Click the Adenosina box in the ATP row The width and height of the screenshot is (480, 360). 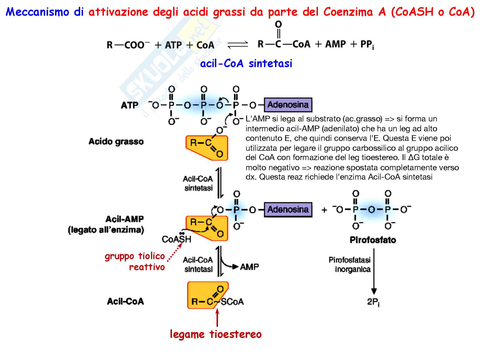288,105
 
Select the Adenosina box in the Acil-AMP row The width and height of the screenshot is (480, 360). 288,210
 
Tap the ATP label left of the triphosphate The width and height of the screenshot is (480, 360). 130,105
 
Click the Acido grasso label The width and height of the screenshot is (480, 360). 116,141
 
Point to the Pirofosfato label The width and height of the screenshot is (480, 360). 373,240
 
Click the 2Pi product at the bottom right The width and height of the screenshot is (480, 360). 373,302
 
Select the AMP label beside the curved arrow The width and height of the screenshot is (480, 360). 249,267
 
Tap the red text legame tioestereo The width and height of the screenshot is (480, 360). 216,334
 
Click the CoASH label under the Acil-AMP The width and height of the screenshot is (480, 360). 176,239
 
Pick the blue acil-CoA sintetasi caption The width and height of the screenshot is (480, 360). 246,64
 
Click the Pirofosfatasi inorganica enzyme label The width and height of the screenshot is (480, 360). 350,265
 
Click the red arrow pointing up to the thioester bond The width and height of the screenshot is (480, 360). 217,318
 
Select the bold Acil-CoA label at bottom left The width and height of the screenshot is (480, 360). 125,302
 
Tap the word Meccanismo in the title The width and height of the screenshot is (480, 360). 37,12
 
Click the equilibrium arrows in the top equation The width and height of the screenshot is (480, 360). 238,45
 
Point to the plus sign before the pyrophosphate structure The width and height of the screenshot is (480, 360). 324,210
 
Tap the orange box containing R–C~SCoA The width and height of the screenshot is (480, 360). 208,295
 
